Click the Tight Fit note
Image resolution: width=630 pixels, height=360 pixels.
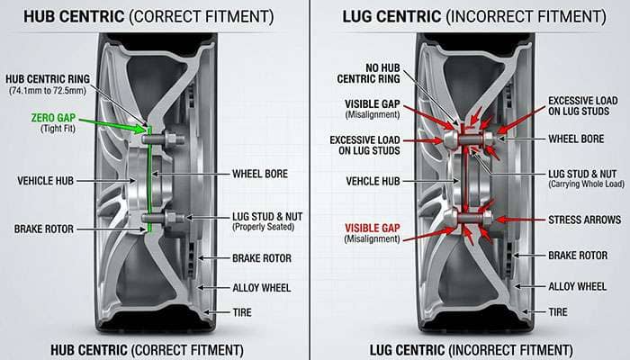pos(55,129)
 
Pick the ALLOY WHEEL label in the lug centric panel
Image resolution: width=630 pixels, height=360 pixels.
pos(578,285)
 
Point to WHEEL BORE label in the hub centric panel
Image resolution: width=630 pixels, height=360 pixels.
pos(263,173)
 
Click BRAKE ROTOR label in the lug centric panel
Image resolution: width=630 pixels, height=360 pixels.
pos(578,256)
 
